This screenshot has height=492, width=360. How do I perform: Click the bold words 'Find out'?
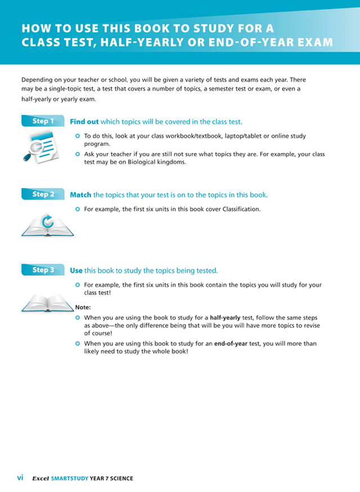[84, 121]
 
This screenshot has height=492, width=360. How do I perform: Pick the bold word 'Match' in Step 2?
[80, 195]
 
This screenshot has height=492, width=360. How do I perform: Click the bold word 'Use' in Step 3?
[76, 270]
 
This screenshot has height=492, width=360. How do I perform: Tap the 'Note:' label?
[83, 307]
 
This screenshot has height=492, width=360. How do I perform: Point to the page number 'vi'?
[20, 477]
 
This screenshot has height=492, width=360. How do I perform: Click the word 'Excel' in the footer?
[40, 479]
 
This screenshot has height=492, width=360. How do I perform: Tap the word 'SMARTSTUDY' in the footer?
[69, 479]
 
